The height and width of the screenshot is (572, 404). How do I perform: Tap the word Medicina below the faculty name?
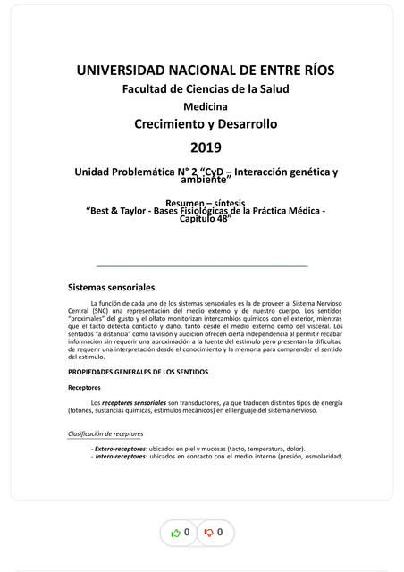[x=205, y=106]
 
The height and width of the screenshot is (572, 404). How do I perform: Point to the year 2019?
[x=205, y=147]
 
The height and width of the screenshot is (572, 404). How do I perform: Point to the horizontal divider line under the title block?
[x=201, y=266]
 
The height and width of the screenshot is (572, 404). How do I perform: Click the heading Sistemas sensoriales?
[x=112, y=288]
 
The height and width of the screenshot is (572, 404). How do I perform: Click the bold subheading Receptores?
[x=84, y=388]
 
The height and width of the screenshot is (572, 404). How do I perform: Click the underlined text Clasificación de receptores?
[x=105, y=433]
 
